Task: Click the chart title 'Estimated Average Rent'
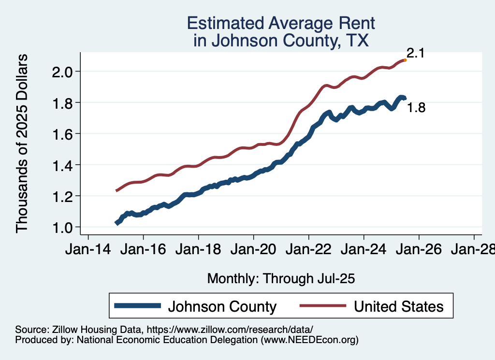[x=281, y=23]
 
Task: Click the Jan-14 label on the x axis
[x=88, y=250]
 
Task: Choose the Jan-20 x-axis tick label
[x=253, y=250]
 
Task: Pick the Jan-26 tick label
[x=419, y=250]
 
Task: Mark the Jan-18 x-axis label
[x=198, y=250]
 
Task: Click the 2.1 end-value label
[x=415, y=54]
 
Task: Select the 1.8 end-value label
[x=416, y=108]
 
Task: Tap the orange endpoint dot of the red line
[x=405, y=60]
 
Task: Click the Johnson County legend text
[x=222, y=306]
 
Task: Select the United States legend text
[x=398, y=306]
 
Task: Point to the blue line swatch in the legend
[x=137, y=306]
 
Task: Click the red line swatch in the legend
[x=323, y=306]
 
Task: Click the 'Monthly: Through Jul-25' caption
[x=281, y=278]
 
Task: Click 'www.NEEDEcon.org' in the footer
[x=309, y=340]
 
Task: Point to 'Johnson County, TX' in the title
[x=281, y=41]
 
